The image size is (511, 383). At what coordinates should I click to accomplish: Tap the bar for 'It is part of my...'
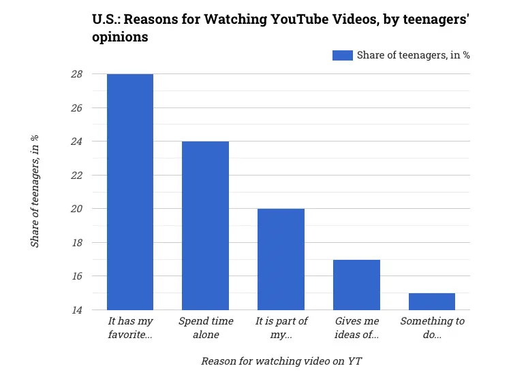281,259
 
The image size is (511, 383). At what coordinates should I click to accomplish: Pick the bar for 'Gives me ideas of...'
356,284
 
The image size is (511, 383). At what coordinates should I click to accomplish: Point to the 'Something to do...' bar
432,301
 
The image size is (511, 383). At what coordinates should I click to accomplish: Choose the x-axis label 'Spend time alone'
206,327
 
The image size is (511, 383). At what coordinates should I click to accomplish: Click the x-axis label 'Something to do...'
432,327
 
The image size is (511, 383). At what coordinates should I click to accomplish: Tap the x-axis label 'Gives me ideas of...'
356,327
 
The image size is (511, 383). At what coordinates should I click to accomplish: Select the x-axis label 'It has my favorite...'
130,327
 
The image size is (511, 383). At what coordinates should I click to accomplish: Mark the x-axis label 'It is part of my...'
281,327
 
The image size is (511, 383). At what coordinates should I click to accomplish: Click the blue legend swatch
342,55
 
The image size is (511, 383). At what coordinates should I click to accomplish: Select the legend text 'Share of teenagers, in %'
413,55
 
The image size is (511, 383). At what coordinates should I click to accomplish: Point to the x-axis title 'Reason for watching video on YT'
281,361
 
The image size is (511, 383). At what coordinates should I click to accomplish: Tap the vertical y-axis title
35,192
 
